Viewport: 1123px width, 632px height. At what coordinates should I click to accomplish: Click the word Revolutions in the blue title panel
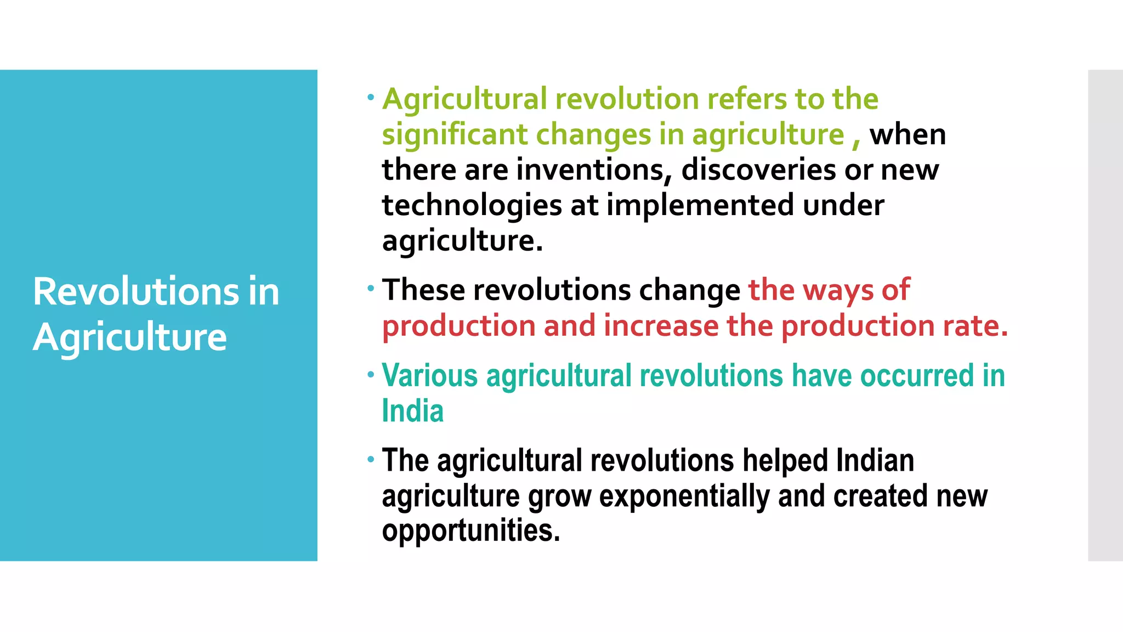(136, 291)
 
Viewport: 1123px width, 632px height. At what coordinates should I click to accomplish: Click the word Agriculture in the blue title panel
(130, 337)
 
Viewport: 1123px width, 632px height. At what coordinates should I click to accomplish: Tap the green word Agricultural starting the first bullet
(464, 100)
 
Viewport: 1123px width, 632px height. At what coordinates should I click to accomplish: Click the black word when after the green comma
(908, 135)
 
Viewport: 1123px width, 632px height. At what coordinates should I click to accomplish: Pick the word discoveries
(758, 170)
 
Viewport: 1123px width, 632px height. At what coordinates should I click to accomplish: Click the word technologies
(472, 206)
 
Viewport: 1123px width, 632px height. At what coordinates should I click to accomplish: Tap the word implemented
(700, 206)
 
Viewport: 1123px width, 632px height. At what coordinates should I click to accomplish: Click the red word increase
(661, 326)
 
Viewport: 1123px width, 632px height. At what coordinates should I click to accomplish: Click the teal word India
(412, 411)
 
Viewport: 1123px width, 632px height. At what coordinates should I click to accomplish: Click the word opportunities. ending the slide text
(471, 531)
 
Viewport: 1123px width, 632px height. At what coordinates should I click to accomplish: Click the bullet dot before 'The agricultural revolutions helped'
(371, 459)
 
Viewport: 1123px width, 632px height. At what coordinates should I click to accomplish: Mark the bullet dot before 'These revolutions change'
(371, 289)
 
